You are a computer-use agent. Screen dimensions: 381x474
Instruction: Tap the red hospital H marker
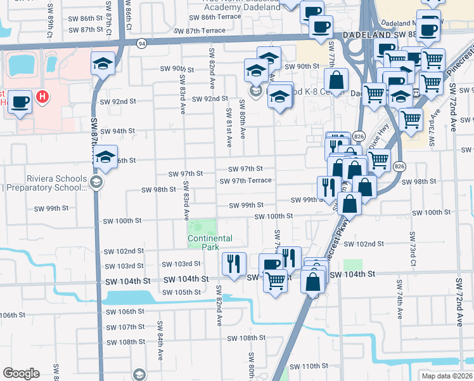(42, 97)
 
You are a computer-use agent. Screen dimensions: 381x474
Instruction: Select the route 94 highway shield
(141, 43)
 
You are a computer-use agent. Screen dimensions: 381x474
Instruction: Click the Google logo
(21, 373)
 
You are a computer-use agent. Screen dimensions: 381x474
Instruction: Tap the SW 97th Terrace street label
(245, 181)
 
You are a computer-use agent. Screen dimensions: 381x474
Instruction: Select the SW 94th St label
(119, 131)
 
